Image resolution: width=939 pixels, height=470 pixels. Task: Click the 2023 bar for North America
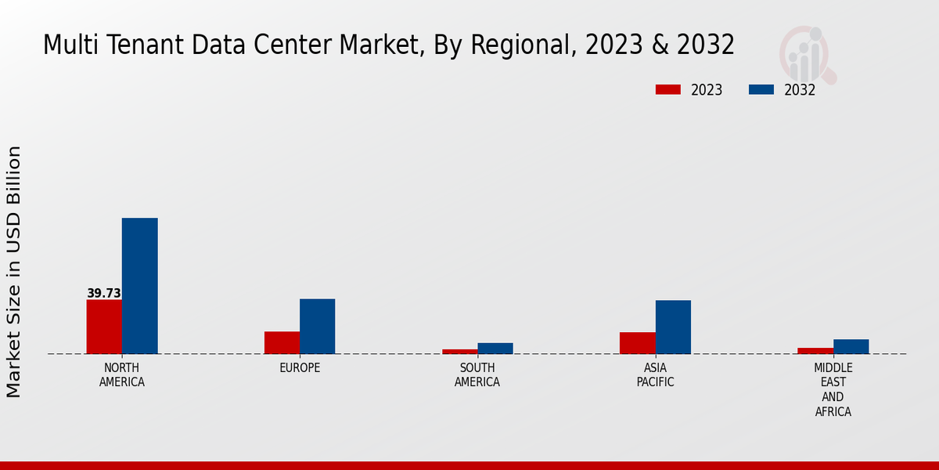pos(104,327)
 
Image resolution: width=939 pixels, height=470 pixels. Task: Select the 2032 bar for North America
pos(139,286)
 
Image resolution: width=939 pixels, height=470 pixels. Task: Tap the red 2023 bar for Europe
pos(282,342)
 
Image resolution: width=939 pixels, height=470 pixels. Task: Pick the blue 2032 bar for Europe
pos(317,326)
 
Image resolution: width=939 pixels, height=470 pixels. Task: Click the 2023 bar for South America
pos(459,351)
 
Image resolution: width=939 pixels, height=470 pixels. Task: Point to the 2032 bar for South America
pos(495,348)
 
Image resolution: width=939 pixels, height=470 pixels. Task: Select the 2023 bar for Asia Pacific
pos(637,343)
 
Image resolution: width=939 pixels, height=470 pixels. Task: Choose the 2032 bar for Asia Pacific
pos(673,327)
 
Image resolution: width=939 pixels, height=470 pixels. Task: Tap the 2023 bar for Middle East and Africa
pos(815,350)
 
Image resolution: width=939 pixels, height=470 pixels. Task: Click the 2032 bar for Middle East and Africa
pos(851,346)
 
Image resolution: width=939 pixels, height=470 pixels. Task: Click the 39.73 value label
pos(104,294)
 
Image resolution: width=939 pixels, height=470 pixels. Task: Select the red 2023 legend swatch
pos(667,89)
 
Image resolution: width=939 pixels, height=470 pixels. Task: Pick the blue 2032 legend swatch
pos(761,89)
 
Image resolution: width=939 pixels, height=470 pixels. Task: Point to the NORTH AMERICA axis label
pos(122,375)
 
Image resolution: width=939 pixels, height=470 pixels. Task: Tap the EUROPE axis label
pos(300,368)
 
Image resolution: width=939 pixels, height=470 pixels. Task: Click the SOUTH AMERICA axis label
pos(477,375)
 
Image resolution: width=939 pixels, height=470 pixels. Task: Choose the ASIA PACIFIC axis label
pos(655,375)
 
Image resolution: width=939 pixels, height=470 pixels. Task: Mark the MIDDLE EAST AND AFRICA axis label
pos(833,389)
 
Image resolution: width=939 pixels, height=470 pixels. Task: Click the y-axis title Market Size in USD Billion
pos(14,272)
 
